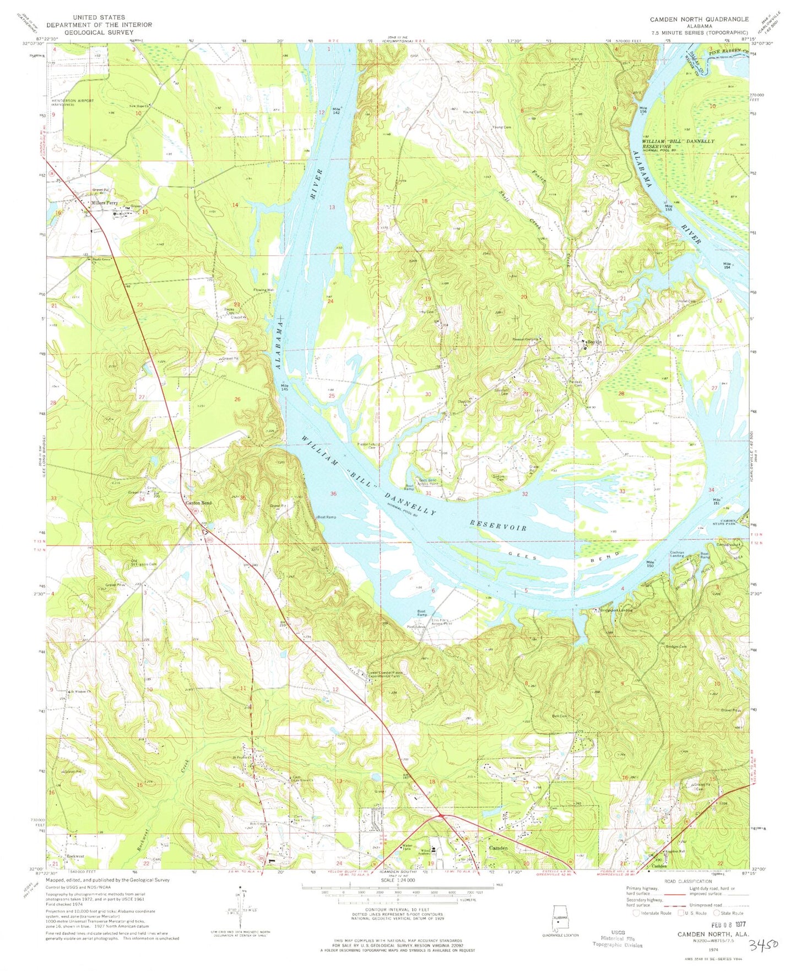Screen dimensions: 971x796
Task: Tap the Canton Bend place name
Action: pos(198,503)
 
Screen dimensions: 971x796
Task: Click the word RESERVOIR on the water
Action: pos(497,524)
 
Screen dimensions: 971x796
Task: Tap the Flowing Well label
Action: pos(263,289)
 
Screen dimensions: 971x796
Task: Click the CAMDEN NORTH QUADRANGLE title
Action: pos(699,19)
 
